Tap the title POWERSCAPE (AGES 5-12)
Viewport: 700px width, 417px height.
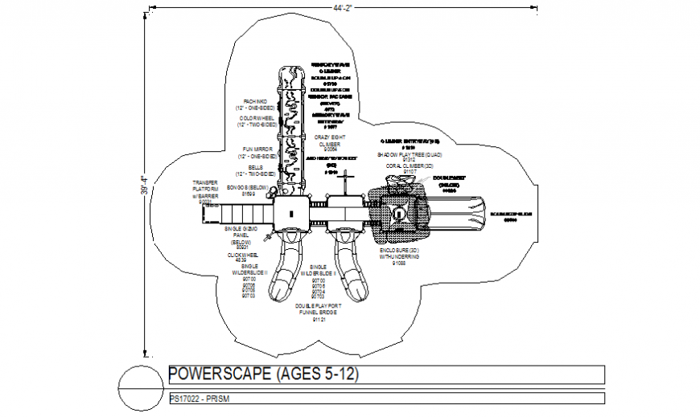pyautogui.click(x=262, y=374)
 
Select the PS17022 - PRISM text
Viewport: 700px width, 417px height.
pyautogui.click(x=200, y=398)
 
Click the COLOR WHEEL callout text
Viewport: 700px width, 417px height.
pyautogui.click(x=256, y=121)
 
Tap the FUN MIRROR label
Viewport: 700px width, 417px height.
pyautogui.click(x=257, y=153)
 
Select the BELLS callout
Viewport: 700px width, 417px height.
pyautogui.click(x=256, y=170)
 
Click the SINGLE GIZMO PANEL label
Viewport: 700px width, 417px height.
pyautogui.click(x=241, y=235)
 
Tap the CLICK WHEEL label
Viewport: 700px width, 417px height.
pyautogui.click(x=241, y=256)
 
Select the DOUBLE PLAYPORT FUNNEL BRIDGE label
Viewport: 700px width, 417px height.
pyautogui.click(x=319, y=313)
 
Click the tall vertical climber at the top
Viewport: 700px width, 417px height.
pyautogui.click(x=289, y=129)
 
